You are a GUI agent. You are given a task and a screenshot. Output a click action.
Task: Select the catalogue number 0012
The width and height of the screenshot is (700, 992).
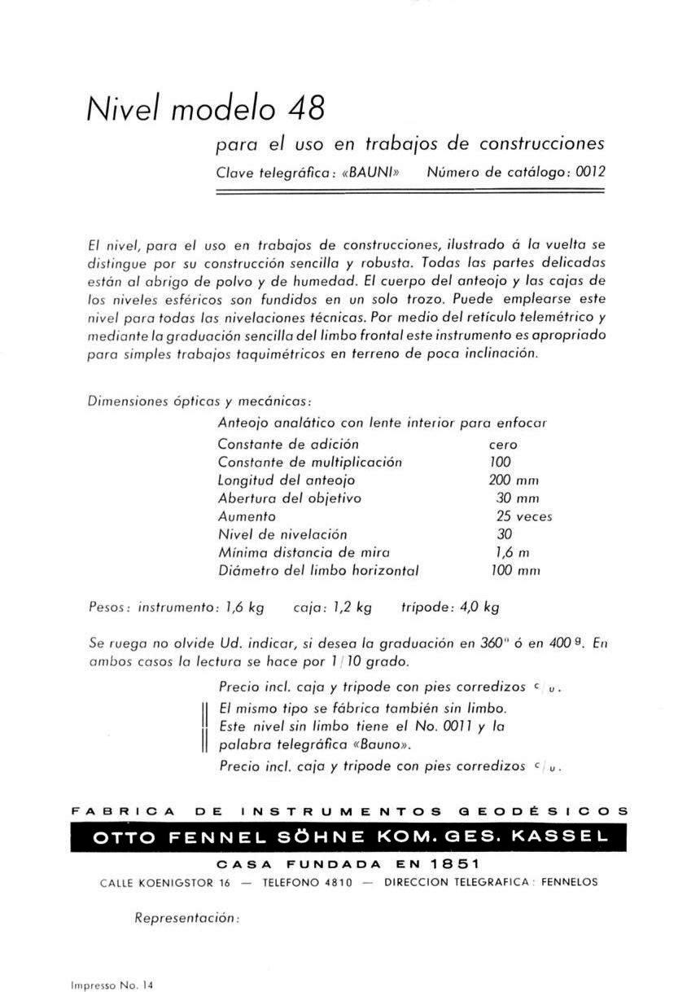(591, 173)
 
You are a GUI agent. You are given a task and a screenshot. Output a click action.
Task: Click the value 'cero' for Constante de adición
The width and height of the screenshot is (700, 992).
(503, 445)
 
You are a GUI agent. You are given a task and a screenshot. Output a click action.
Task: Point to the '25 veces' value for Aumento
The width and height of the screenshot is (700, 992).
(523, 516)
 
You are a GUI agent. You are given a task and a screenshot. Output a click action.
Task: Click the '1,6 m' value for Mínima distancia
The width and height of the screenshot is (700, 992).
(514, 552)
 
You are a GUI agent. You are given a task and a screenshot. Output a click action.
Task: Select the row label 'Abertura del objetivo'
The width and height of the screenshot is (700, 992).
(289, 498)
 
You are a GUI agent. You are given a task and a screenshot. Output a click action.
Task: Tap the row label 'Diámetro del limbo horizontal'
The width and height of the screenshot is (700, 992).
(318, 571)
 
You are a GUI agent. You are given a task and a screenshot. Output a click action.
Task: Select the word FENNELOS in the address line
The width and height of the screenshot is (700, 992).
(569, 882)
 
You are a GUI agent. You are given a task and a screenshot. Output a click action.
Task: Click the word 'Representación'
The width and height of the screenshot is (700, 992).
(186, 918)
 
